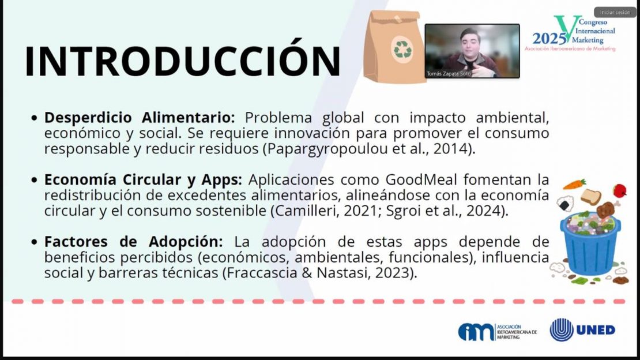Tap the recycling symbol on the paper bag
[x=402, y=49]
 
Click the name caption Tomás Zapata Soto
[x=449, y=74]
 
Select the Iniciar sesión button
[x=615, y=12]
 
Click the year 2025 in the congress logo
[x=549, y=39]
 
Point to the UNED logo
[x=582, y=329]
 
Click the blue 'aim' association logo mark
[x=476, y=332]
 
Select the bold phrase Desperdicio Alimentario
[x=140, y=118]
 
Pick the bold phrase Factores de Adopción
[x=133, y=242]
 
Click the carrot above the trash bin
[x=574, y=184]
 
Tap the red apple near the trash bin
[x=620, y=190]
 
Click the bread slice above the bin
[x=590, y=197]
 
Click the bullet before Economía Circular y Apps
[x=34, y=180]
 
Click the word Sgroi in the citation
[x=402, y=211]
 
